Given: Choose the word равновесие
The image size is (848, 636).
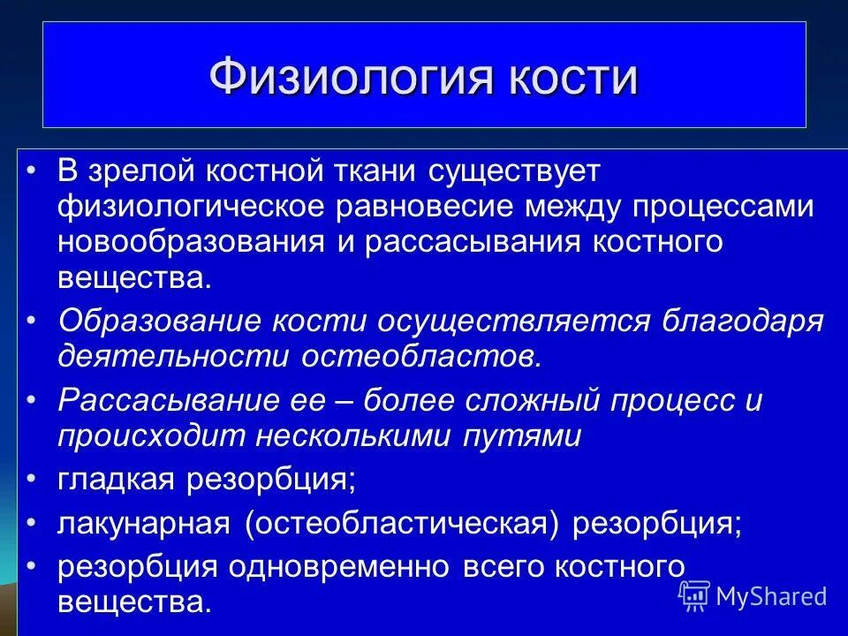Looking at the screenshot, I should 427,206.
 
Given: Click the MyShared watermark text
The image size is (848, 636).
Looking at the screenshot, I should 770,596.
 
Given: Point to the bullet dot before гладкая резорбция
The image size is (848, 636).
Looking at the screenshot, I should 32,478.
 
